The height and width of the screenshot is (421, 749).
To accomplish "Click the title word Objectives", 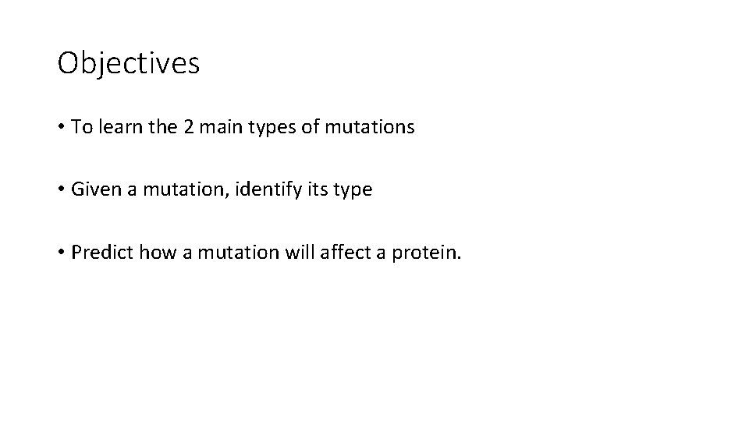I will pos(129,63).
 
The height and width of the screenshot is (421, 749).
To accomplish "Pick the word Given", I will pos(94,189).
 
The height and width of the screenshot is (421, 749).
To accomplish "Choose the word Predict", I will pos(100,252).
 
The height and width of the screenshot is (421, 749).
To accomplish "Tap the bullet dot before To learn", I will pos(61,128).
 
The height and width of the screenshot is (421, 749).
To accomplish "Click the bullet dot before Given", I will pos(61,190).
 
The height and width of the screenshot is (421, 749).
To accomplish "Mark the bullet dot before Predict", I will pos(61,253).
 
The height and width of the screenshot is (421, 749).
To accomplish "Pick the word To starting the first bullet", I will pos(80,127).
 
